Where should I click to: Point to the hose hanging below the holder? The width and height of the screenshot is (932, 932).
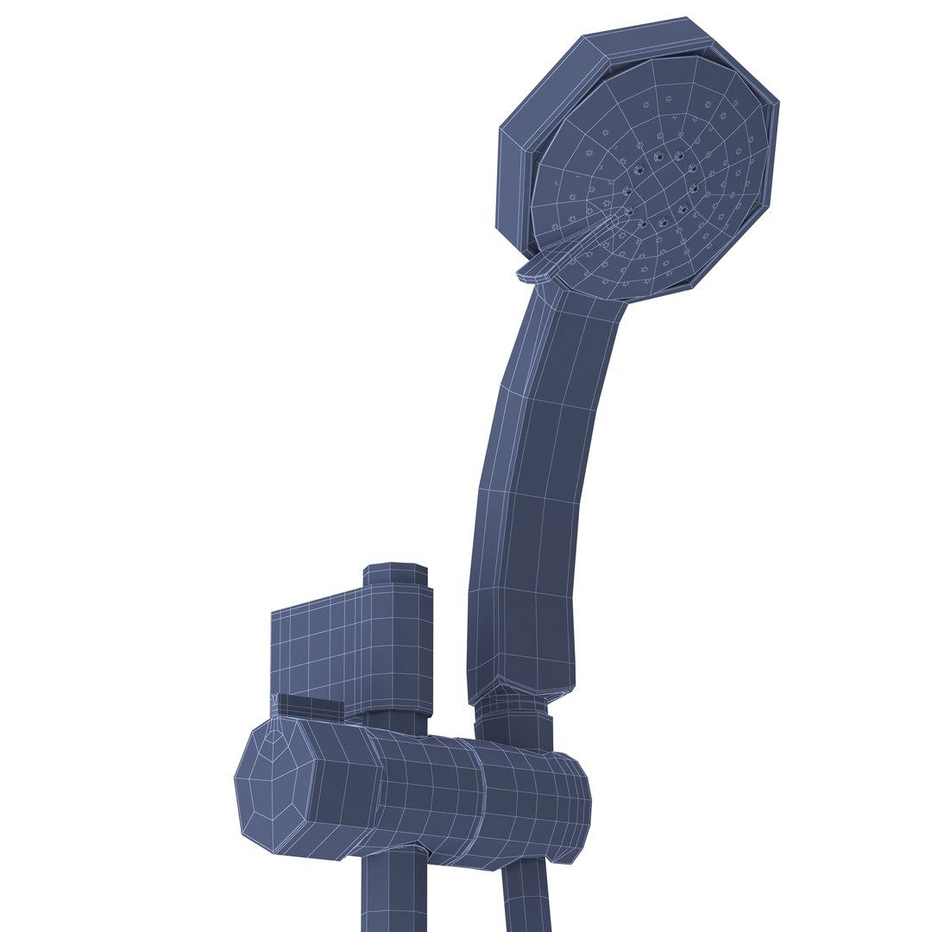(526, 897)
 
